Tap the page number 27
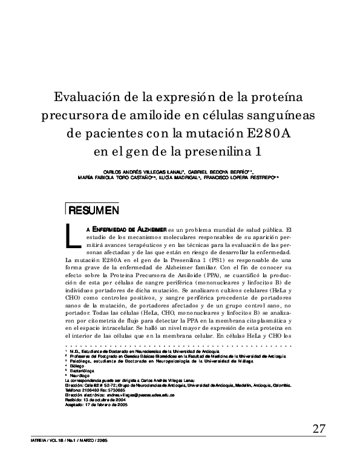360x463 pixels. pyautogui.click(x=319, y=429)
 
